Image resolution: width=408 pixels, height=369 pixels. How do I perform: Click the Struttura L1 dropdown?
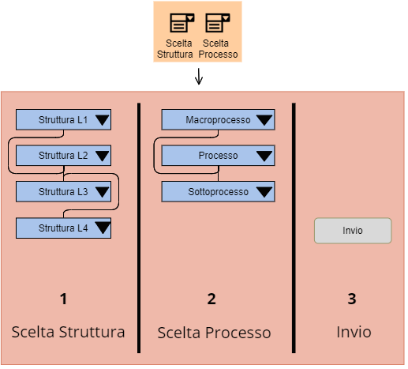(63, 119)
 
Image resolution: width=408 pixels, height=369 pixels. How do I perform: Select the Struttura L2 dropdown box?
(63, 156)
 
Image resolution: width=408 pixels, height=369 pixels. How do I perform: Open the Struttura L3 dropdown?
(63, 191)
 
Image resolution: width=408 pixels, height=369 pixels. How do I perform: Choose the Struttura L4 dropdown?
(63, 228)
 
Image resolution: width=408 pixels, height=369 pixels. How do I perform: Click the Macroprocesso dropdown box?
(218, 119)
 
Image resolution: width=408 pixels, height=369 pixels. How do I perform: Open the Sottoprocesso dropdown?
(218, 191)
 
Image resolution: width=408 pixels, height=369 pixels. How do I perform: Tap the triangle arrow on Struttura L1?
(102, 120)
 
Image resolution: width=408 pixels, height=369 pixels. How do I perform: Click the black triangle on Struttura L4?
(102, 228)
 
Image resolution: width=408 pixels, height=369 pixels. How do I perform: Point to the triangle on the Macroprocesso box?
(264, 120)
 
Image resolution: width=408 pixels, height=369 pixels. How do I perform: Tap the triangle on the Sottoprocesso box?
(264, 192)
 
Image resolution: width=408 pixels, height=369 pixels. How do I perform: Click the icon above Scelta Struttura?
(182, 23)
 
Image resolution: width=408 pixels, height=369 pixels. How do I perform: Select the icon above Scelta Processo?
(218, 23)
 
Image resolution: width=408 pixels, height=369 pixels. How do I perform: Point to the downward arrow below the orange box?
(199, 77)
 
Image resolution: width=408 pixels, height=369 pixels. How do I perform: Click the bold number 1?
(63, 299)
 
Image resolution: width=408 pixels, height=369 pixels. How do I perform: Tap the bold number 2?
(211, 299)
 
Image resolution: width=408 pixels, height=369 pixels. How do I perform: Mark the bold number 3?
(352, 299)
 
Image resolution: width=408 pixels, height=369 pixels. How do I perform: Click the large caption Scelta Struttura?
(68, 332)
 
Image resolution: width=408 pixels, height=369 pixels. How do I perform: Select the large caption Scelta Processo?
(214, 333)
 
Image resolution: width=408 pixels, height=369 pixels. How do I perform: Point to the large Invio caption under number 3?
(354, 332)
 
